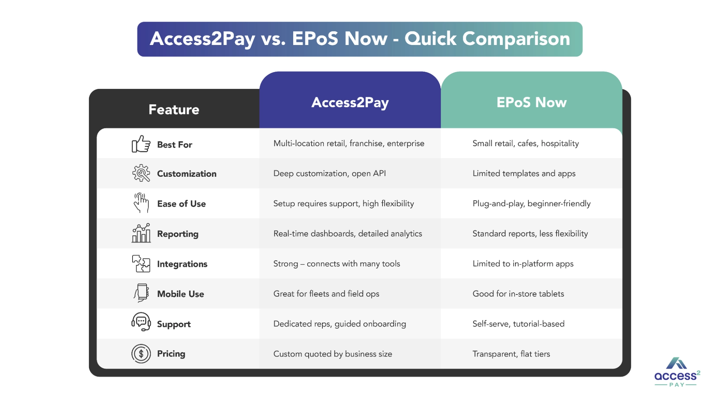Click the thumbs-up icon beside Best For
(141, 144)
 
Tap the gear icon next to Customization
(141, 173)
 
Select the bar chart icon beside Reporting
(141, 233)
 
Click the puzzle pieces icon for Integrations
(141, 264)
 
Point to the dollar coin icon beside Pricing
(141, 354)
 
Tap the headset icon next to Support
(141, 321)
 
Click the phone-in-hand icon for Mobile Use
(141, 293)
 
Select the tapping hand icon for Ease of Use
(141, 203)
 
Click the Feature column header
(174, 109)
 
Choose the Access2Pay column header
(350, 103)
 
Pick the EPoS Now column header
(532, 102)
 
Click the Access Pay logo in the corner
(677, 372)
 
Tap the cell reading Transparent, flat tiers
(511, 354)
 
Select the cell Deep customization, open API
(330, 174)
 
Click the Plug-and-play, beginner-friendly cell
(532, 204)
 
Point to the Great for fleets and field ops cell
(326, 294)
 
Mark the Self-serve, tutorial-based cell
(518, 324)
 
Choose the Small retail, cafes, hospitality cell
(526, 144)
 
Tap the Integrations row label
(182, 264)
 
